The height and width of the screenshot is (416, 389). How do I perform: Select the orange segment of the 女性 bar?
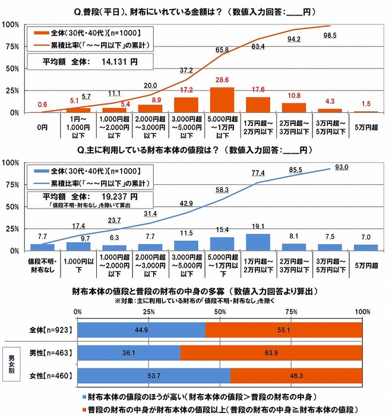tap(296, 376)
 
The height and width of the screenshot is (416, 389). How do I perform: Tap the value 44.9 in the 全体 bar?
tap(141, 329)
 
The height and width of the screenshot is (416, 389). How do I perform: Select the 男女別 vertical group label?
tap(10, 364)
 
